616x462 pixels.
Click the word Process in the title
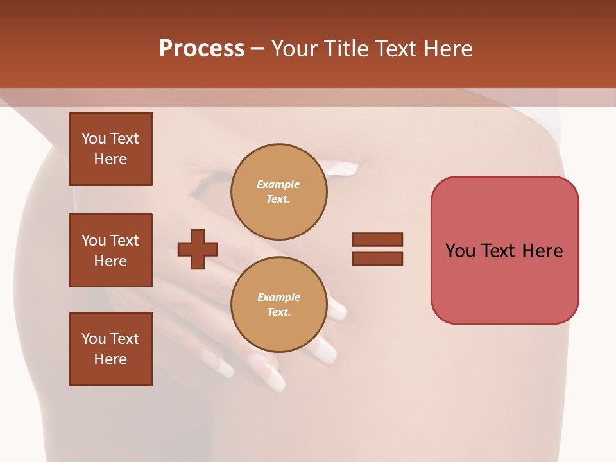201,49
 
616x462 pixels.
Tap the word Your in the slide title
296,49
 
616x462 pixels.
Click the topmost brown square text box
110,149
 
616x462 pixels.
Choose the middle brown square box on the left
110,250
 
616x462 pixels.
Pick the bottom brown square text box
110,348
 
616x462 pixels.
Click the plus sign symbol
197,249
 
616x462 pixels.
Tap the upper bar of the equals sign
377,239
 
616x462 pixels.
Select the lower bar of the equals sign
377,259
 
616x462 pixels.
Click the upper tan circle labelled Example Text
278,191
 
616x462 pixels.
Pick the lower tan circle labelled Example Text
278,304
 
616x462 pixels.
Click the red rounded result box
504,282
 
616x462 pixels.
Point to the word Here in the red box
542,250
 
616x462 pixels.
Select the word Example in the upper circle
278,184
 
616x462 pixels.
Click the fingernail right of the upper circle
343,169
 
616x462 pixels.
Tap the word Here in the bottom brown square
110,359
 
